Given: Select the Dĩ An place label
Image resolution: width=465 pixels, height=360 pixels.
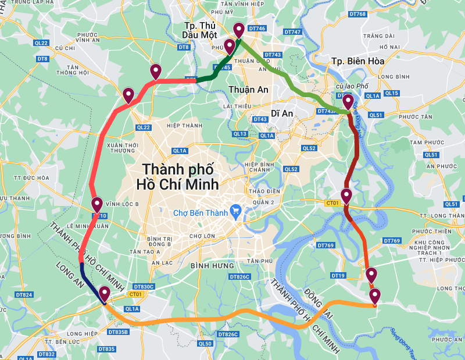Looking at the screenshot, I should pos(282,113).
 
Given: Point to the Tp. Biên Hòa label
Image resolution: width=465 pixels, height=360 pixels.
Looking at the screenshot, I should pos(357,61).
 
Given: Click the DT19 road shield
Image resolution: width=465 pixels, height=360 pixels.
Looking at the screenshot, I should pos(338,275).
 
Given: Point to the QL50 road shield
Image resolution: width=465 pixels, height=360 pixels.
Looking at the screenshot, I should pos(205,344).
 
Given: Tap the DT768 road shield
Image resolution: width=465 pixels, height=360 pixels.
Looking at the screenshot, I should pos(359,14).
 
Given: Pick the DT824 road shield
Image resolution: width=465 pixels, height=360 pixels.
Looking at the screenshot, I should pos(24,295).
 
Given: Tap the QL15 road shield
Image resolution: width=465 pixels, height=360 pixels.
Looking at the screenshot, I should pos(392,93).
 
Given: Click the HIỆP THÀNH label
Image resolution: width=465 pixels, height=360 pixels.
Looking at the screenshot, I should pos(181,126).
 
